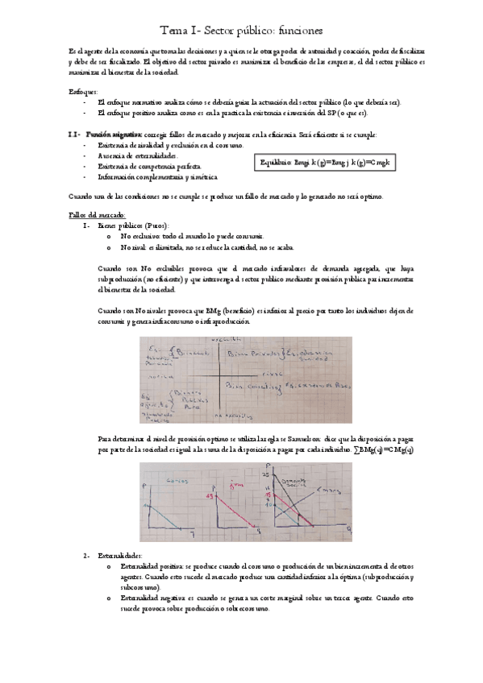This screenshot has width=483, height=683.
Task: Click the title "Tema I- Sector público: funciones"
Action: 241,30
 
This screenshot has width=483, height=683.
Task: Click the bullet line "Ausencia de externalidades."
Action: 136,154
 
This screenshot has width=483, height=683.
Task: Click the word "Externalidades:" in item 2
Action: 120,556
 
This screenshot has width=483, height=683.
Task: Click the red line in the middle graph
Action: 233,509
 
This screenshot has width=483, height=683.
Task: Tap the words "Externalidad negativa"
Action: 154,599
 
